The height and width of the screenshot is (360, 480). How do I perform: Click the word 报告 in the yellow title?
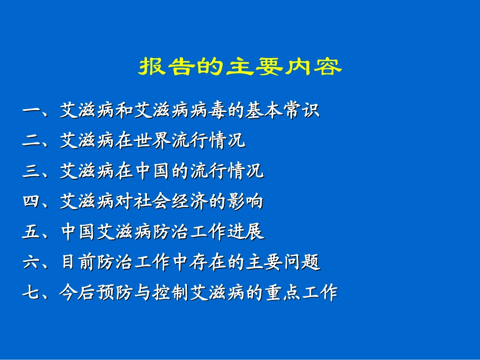coord(168,67)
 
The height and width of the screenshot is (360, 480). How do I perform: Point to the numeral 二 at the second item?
coord(31,141)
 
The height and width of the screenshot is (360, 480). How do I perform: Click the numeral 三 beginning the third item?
coord(31,171)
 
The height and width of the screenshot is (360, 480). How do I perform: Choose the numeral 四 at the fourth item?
coord(31,202)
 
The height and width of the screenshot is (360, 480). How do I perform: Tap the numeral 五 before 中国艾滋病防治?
coord(31,232)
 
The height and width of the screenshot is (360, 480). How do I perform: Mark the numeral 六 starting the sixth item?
coord(31,263)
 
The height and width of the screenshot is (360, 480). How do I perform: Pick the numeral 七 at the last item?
coord(31,293)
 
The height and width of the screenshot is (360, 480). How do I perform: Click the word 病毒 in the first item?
coord(208,111)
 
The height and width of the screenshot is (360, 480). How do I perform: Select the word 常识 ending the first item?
coord(302,111)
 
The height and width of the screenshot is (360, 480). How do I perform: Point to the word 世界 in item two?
coord(153,141)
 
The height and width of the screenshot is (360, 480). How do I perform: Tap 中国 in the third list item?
coord(153,171)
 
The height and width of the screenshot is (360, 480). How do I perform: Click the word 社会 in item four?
coord(153,202)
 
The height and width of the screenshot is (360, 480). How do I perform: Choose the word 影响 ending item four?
coord(246,202)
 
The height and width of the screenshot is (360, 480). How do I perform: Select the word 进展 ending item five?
coord(246,232)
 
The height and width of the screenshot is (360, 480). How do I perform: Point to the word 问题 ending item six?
coord(302,263)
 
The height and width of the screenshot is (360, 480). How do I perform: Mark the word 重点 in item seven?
coord(283,293)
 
